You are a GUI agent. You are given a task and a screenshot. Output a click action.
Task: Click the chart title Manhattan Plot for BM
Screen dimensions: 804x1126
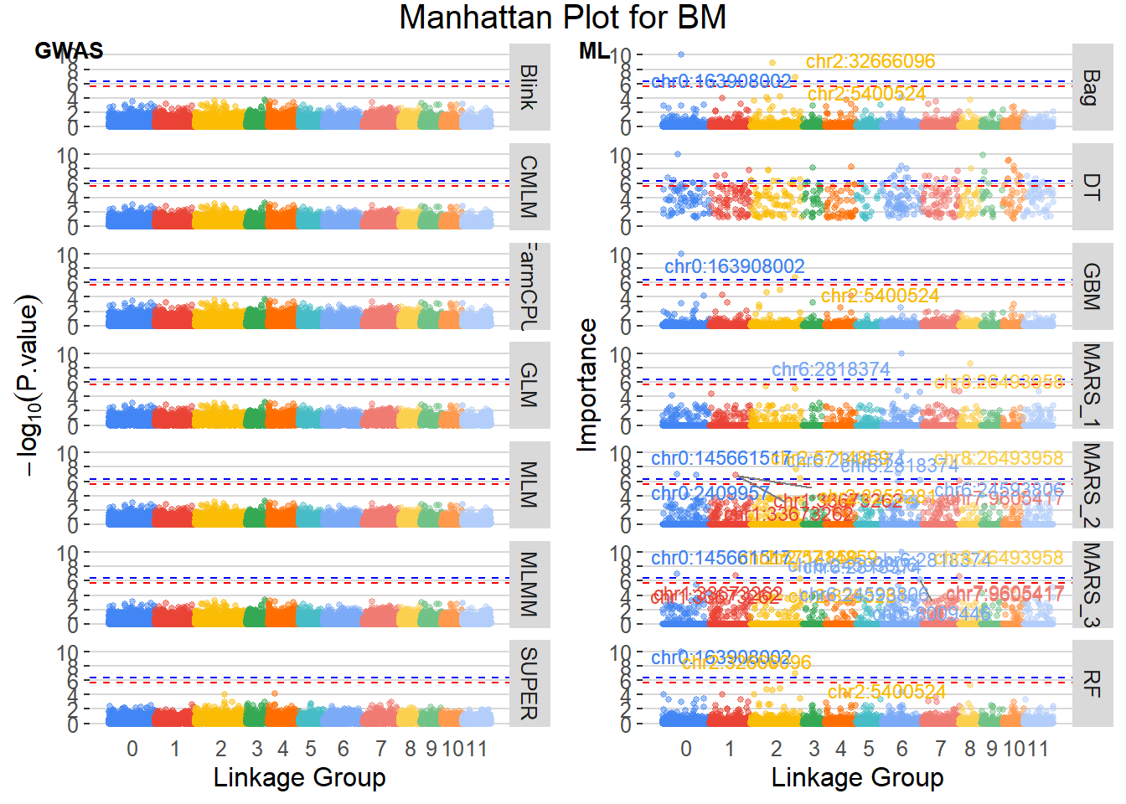click(x=562, y=18)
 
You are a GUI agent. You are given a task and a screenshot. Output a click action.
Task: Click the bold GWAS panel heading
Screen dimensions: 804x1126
click(x=69, y=51)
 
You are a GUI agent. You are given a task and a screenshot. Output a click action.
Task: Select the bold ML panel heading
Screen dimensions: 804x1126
click(x=594, y=51)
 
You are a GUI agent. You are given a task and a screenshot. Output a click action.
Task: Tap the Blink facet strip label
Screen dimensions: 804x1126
click(x=529, y=87)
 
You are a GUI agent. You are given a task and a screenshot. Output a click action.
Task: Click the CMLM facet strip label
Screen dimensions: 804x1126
click(x=529, y=187)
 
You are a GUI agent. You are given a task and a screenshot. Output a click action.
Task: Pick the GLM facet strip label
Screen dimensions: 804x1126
click(x=529, y=384)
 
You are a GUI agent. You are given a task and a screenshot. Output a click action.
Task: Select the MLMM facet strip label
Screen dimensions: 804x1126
click(x=529, y=584)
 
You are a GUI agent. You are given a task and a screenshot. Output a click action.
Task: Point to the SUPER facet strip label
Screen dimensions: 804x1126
click(x=529, y=683)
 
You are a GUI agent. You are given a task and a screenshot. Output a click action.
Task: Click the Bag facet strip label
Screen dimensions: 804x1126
click(x=1091, y=87)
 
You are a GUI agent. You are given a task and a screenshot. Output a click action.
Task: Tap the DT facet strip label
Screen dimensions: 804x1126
click(x=1091, y=187)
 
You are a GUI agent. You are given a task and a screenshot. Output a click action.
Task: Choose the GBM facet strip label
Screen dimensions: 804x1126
click(x=1091, y=286)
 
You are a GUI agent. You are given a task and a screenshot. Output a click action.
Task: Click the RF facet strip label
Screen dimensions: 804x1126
click(x=1091, y=683)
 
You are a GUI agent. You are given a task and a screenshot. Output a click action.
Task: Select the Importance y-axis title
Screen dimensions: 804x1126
click(x=588, y=385)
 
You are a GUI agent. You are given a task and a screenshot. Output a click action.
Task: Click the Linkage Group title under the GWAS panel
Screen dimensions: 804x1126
click(x=299, y=777)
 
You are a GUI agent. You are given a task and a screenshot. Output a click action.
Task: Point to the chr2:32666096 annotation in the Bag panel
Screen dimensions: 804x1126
click(x=870, y=62)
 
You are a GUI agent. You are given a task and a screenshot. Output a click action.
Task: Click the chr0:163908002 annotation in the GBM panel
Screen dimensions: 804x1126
click(x=734, y=266)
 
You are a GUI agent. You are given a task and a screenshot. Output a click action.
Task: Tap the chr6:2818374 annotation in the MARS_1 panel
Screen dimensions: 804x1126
click(x=830, y=369)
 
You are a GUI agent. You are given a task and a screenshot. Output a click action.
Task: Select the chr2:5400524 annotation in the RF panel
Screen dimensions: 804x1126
click(x=886, y=692)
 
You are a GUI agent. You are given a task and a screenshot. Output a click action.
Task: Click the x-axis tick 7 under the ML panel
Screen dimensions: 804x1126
click(x=941, y=749)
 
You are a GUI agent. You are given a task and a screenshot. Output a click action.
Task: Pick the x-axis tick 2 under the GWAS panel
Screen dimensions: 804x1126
click(x=220, y=749)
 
